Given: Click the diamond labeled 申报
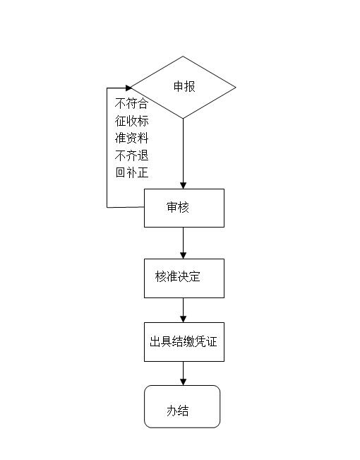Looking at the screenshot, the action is pyautogui.click(x=183, y=88).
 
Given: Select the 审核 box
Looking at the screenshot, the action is pyautogui.click(x=184, y=208).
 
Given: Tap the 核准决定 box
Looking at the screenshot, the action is pyautogui.click(x=184, y=278).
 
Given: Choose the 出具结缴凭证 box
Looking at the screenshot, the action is pyautogui.click(x=184, y=342).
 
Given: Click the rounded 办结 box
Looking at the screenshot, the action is pyautogui.click(x=182, y=406).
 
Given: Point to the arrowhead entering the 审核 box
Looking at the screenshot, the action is pyautogui.click(x=184, y=185).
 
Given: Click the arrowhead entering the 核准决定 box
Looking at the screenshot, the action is pyautogui.click(x=184, y=256).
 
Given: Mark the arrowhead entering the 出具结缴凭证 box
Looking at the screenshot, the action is pyautogui.click(x=184, y=319).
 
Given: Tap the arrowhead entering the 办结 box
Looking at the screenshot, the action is pyautogui.click(x=184, y=382).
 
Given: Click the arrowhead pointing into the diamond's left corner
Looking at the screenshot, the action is pyautogui.click(x=128, y=88).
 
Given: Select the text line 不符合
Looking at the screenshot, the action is pyautogui.click(x=131, y=104).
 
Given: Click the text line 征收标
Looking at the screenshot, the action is pyautogui.click(x=131, y=121).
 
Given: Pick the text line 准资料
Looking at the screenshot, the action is pyautogui.click(x=131, y=138).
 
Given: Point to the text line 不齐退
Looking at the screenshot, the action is pyautogui.click(x=131, y=155).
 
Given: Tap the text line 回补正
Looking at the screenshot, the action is pyautogui.click(x=131, y=172).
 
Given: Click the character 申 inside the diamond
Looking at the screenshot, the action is pyautogui.click(x=179, y=86).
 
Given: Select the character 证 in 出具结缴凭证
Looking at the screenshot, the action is pyautogui.click(x=211, y=342).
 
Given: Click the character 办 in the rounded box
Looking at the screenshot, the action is pyautogui.click(x=172, y=411).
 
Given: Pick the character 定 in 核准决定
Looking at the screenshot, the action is pyautogui.click(x=195, y=277).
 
